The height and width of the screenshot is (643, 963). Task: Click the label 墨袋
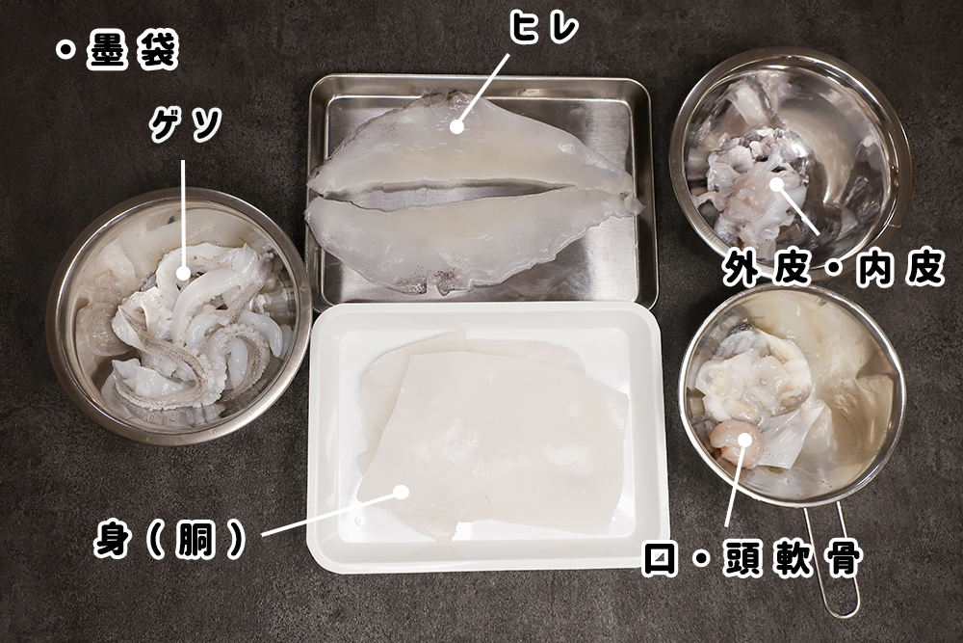[x=132, y=53]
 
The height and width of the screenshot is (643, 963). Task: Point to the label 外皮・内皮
[x=834, y=269]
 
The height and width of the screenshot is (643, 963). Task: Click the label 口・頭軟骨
[x=751, y=558]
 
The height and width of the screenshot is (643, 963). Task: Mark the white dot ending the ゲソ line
[x=183, y=274]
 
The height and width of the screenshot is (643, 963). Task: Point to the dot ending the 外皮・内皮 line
[x=777, y=183]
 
